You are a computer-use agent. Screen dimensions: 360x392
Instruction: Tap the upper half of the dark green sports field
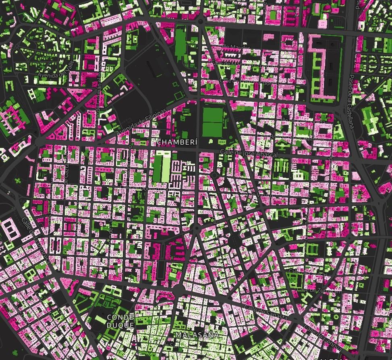213,115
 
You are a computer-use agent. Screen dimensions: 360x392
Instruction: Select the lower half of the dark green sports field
213,129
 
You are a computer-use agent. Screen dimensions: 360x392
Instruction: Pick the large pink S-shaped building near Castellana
320,67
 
